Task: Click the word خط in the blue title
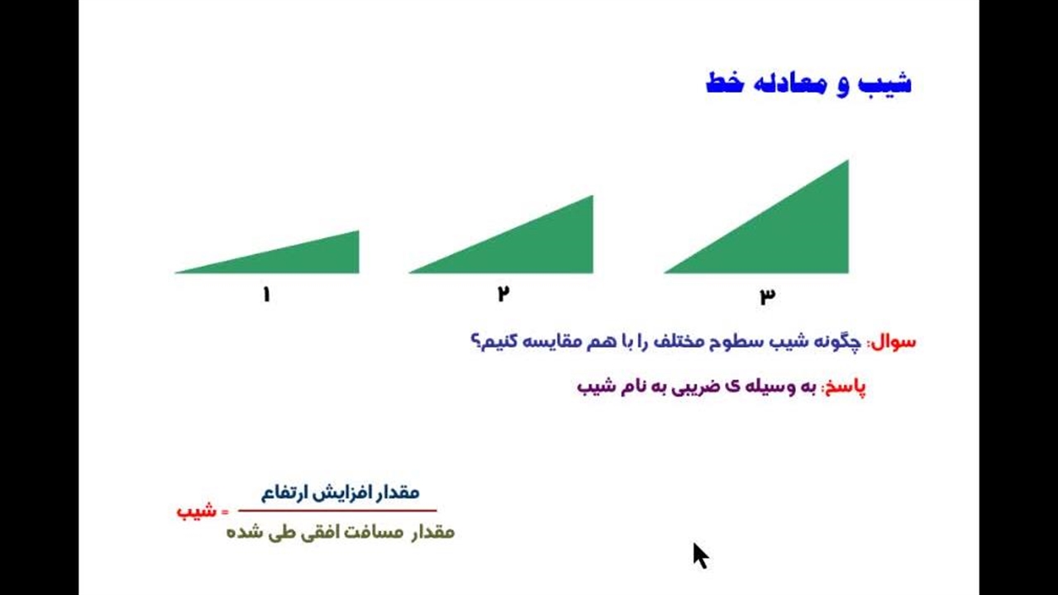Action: (x=725, y=83)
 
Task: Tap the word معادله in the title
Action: (x=793, y=83)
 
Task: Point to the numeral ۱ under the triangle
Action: (x=266, y=294)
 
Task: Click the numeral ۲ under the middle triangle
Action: (x=503, y=293)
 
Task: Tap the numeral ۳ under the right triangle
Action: (x=768, y=295)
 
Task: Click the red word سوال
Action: (x=894, y=342)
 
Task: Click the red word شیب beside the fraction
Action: (x=197, y=511)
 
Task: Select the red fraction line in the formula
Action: (x=337, y=511)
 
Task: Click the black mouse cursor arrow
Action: (x=700, y=555)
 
